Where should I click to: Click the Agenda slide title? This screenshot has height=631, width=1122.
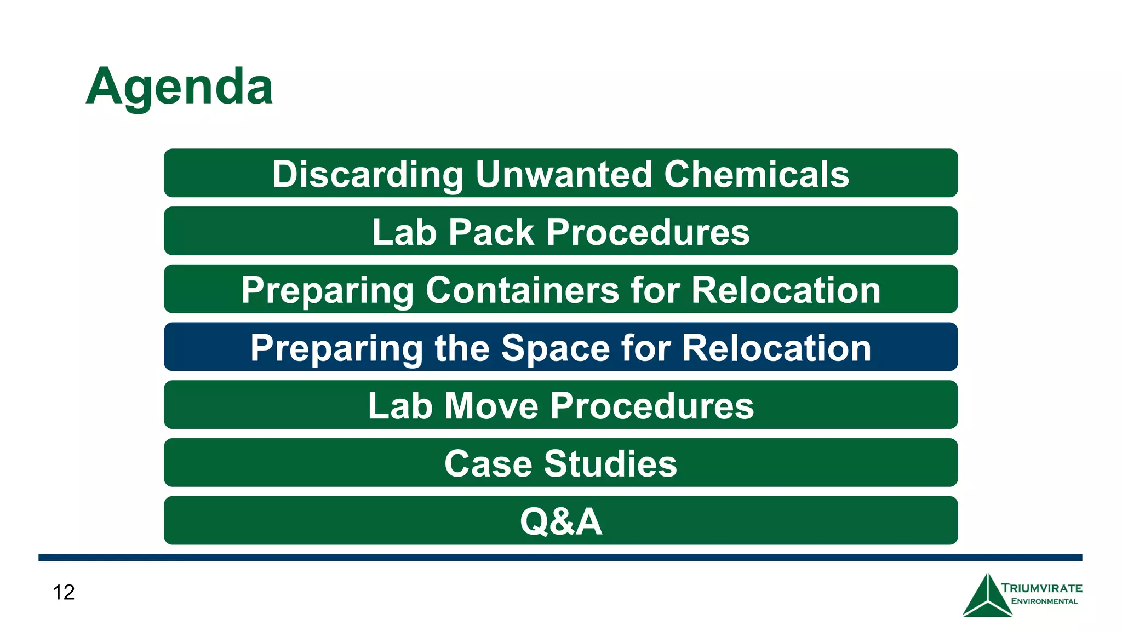click(x=179, y=87)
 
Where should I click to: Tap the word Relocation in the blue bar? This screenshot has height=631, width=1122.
click(x=776, y=348)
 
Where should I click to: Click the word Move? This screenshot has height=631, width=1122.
click(x=491, y=406)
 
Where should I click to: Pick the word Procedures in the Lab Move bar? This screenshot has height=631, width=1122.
click(x=651, y=406)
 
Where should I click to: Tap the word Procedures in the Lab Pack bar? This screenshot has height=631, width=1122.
click(x=648, y=232)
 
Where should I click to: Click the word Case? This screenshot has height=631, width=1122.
click(x=488, y=464)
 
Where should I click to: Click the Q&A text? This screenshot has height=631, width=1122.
click(x=561, y=521)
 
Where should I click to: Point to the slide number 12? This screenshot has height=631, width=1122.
click(x=64, y=592)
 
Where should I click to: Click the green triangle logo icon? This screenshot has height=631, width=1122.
click(x=987, y=597)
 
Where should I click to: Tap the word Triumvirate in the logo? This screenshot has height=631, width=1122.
click(x=1041, y=588)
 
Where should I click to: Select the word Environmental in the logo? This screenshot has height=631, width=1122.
click(x=1044, y=601)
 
